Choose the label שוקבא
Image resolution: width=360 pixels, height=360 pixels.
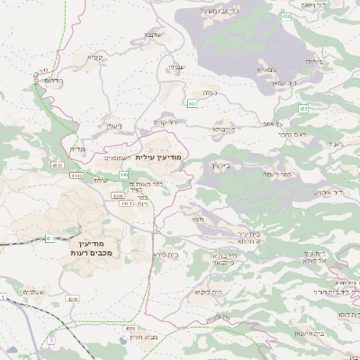pos(152,34)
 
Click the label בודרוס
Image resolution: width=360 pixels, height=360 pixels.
pos(52,80)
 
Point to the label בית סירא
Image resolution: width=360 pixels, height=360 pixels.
pos(166,255)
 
